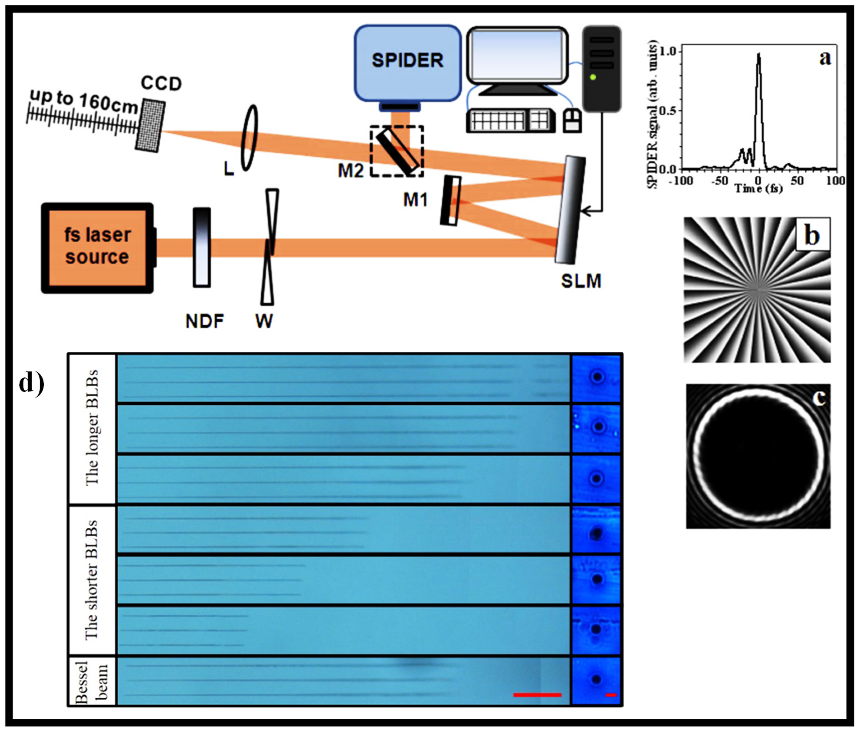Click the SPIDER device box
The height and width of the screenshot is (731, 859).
407,62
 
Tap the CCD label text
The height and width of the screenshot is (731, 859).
161,84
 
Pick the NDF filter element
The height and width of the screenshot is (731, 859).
202,247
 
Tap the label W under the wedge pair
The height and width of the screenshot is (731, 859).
264,320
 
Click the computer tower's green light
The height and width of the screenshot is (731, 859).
593,77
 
